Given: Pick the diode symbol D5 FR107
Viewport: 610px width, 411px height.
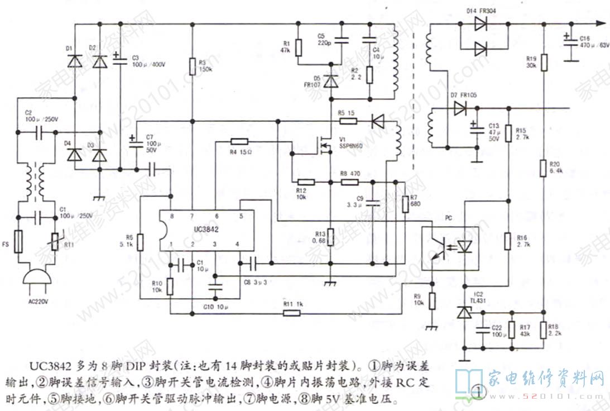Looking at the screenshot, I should (x=331, y=82).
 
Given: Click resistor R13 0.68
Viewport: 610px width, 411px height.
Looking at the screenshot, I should (x=330, y=237).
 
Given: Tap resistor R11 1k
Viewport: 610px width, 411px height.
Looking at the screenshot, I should (x=292, y=313).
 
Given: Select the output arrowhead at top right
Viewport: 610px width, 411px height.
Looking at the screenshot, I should (x=600, y=23).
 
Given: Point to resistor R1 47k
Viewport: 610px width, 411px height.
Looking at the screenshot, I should (x=299, y=48).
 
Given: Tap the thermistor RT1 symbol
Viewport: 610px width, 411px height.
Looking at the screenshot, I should (x=55, y=241).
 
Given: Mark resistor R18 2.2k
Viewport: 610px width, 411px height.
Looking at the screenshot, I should (x=545, y=329).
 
